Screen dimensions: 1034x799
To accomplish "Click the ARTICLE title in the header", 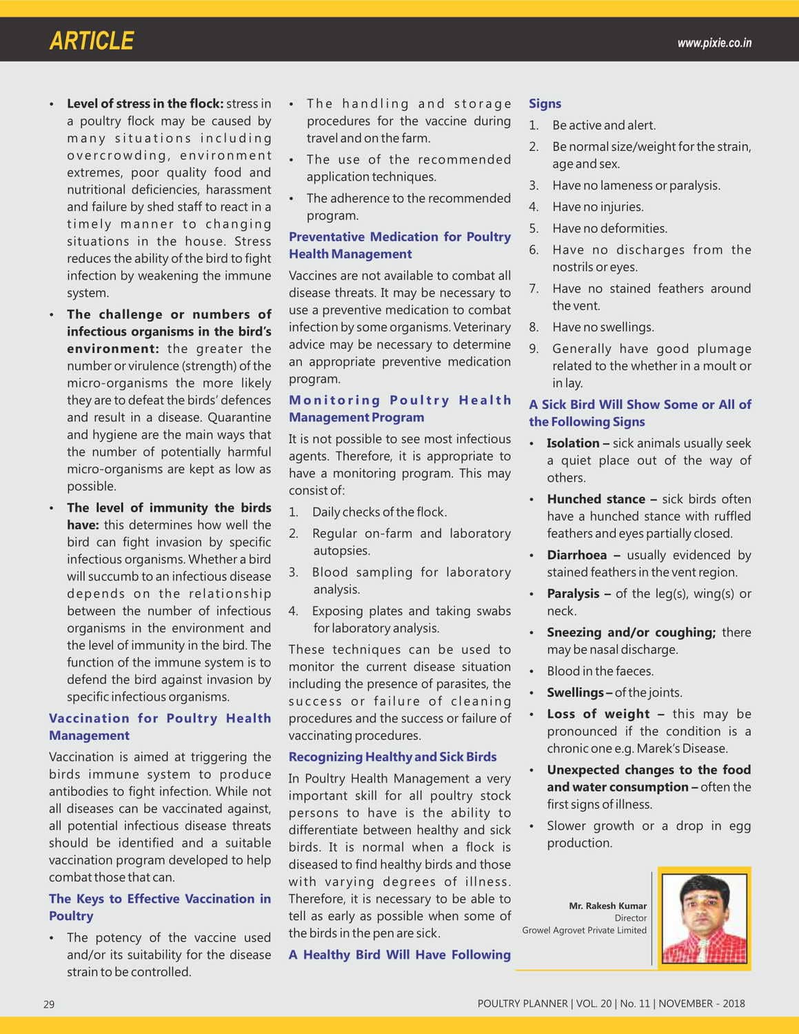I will (x=92, y=41).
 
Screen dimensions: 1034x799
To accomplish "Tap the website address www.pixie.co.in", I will (x=714, y=43).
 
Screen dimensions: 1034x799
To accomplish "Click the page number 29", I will (x=49, y=1004).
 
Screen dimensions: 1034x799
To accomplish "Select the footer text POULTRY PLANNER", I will (x=523, y=1004).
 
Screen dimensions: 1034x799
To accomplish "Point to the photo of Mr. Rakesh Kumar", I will (x=704, y=918).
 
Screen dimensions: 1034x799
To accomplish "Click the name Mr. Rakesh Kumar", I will (x=607, y=906).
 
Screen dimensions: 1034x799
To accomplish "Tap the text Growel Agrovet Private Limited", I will (x=584, y=930).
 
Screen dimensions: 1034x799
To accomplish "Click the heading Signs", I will (x=545, y=103).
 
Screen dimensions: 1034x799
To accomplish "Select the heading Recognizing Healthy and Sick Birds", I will (x=392, y=757).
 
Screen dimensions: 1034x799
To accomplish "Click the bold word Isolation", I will (x=573, y=443).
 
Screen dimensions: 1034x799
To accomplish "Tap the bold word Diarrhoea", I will (x=577, y=555).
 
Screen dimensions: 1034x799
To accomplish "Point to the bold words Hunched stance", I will (x=596, y=499).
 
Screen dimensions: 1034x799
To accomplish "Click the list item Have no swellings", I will (x=603, y=327).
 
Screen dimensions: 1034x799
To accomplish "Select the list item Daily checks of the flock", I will (x=379, y=512).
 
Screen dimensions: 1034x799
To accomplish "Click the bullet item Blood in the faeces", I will (x=600, y=671).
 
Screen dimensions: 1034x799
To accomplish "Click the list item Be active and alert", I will (x=604, y=125).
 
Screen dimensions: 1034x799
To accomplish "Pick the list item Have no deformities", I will (x=609, y=228).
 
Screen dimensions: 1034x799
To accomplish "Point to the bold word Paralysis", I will (x=573, y=594).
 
